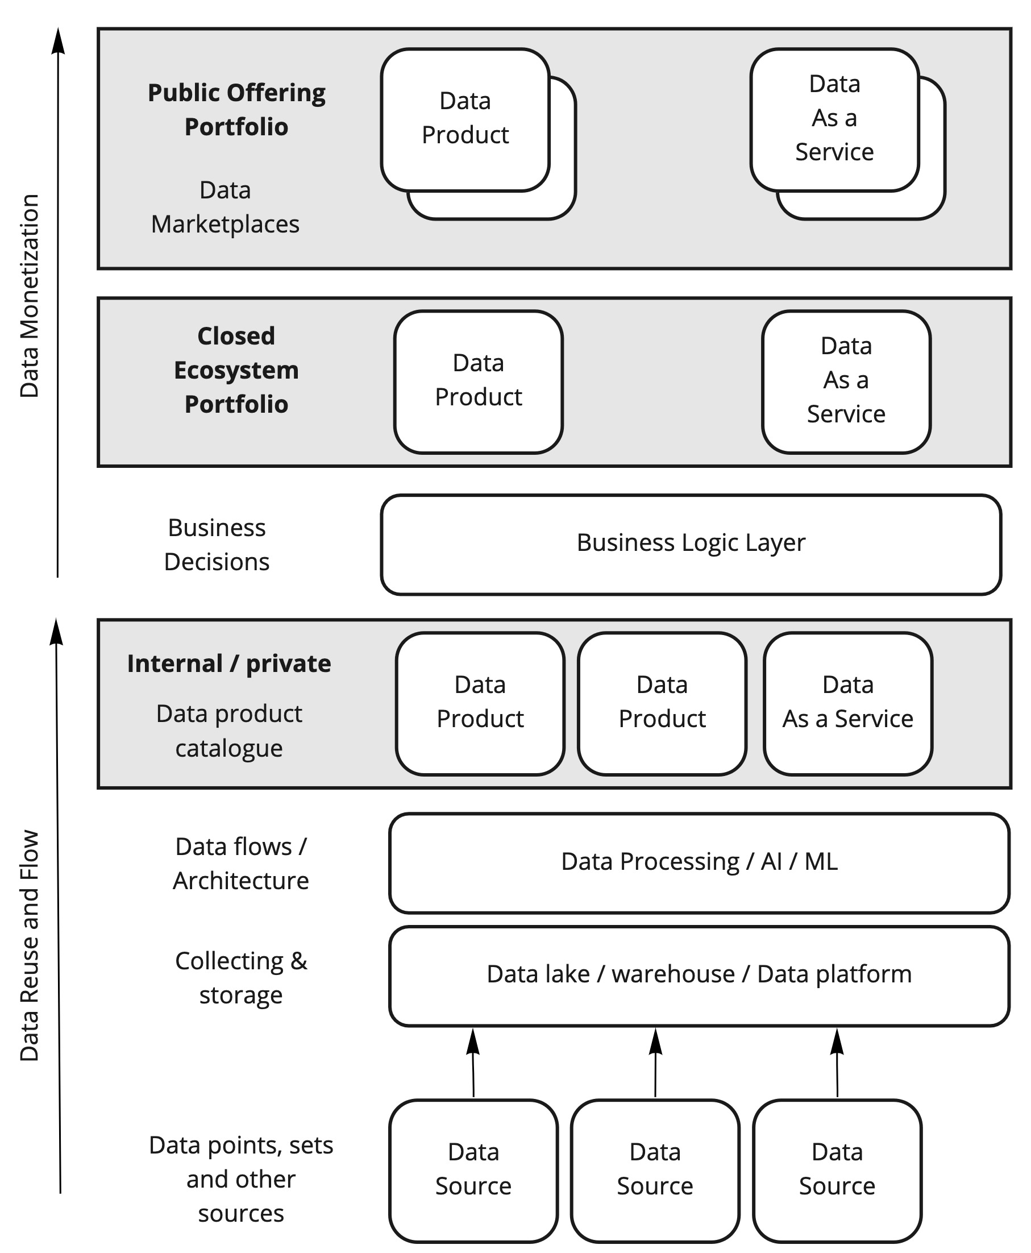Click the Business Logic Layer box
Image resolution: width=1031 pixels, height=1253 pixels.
pos(691,543)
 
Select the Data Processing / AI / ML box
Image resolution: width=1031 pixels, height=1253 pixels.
pos(699,862)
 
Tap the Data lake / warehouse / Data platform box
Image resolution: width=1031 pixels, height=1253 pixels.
pos(699,975)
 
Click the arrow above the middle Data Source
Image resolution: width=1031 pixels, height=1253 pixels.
pos(655,1063)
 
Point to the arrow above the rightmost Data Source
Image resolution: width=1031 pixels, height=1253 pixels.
pos(837,1063)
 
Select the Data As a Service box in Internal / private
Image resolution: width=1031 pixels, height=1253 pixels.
pos(847,703)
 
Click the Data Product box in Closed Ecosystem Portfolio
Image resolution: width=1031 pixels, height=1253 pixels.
pos(478,381)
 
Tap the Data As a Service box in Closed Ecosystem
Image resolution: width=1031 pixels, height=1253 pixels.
pos(846,381)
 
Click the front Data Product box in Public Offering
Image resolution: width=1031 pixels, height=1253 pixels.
pos(465,119)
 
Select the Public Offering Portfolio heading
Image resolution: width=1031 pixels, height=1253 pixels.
pos(236,110)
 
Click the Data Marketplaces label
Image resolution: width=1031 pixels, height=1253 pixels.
pos(225,208)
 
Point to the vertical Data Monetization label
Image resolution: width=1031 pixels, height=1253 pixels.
pos(29,295)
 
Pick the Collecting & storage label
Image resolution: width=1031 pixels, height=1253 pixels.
pos(240,978)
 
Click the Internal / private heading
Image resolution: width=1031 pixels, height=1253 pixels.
pos(229,663)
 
